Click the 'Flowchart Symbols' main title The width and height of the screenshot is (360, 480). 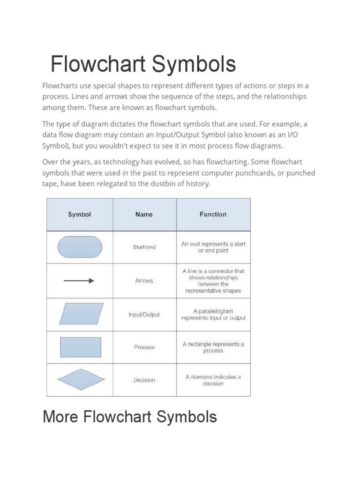[143, 64]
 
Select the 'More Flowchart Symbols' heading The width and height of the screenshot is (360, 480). [129, 416]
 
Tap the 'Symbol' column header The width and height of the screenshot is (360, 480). [80, 214]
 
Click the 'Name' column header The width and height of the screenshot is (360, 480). [144, 214]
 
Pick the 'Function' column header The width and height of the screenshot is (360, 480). [213, 214]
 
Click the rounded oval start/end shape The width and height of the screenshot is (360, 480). [80, 247]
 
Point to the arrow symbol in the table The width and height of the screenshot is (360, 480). [79, 281]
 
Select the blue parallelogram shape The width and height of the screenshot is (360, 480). [81, 314]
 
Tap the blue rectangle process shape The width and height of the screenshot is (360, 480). [81, 347]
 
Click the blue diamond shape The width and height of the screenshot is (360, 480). [81, 380]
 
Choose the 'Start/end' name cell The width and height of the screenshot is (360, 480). [144, 247]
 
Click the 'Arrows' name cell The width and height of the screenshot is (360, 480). [144, 281]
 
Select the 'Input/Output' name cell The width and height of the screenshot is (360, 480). [144, 315]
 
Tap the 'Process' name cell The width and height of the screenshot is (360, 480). [144, 347]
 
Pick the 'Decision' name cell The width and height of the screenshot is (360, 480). [144, 380]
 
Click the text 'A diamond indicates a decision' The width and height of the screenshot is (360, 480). [213, 380]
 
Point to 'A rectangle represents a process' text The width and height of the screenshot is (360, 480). [213, 347]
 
